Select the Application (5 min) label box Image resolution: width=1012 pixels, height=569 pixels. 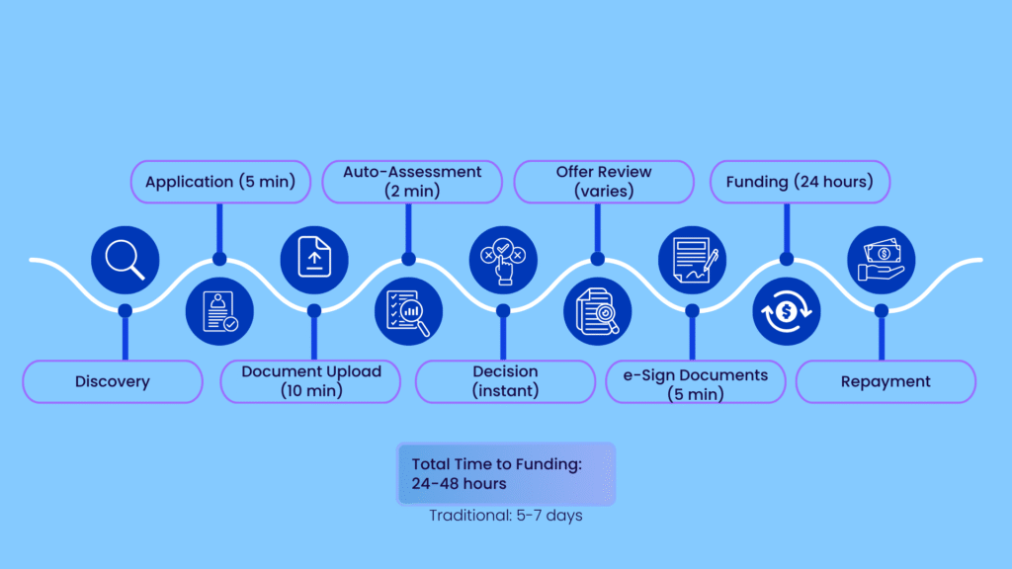(219, 182)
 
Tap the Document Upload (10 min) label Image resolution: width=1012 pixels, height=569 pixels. (310, 381)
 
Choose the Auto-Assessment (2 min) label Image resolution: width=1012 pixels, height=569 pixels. (412, 182)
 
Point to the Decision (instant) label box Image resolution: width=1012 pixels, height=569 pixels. (505, 381)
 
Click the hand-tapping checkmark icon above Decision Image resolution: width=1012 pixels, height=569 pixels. (503, 260)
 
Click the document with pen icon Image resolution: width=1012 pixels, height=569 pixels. (692, 260)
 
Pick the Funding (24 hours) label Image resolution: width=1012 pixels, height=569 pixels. (800, 182)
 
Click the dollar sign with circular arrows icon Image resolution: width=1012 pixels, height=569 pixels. (787, 311)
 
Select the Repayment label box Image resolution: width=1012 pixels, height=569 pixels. (885, 381)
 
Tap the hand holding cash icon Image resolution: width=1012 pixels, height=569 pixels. (882, 260)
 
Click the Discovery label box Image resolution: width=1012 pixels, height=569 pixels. (112, 381)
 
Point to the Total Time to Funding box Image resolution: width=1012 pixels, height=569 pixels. (505, 473)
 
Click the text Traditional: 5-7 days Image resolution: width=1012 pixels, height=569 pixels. (505, 516)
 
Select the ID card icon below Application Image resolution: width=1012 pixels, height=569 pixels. (220, 311)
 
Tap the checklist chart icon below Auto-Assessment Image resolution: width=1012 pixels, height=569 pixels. (408, 311)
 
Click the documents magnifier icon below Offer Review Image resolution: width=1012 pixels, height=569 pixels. (597, 311)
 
